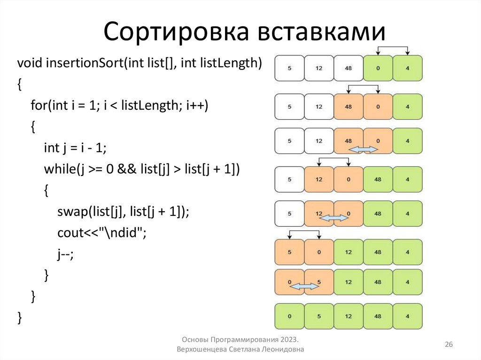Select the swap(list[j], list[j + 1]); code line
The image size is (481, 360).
123,212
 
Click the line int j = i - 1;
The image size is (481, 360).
75,148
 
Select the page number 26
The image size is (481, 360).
449,345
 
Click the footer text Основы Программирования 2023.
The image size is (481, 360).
240,339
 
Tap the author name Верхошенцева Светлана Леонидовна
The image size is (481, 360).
240,350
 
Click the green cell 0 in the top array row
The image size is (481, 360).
378,68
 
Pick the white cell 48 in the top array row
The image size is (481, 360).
348,68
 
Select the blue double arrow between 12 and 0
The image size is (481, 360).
334,217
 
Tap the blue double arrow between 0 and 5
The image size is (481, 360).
304,286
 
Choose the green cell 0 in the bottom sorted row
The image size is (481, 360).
289,316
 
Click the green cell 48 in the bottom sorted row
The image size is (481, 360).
378,316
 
